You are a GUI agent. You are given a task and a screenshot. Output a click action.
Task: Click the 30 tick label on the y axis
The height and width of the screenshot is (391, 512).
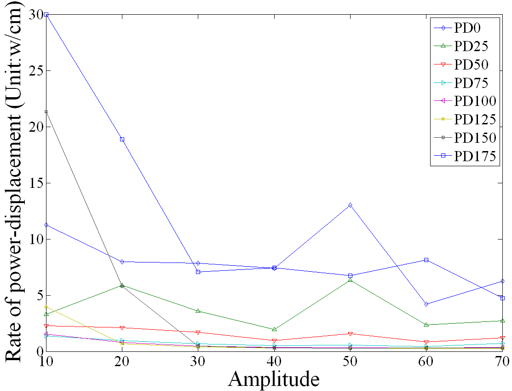tap(36, 15)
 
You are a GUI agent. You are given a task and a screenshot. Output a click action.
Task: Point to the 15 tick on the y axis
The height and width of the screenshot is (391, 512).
tap(36, 183)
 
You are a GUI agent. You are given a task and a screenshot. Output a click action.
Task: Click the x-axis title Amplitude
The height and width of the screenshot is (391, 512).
tap(274, 379)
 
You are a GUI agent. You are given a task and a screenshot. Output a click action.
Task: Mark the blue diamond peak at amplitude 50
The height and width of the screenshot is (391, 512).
tap(350, 205)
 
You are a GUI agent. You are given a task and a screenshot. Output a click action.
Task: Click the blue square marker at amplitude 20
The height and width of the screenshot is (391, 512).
tap(122, 139)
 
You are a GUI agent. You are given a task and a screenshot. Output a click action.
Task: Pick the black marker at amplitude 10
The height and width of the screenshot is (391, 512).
tap(46, 112)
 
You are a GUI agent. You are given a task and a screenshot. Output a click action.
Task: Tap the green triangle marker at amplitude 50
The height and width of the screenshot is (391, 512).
tap(350, 280)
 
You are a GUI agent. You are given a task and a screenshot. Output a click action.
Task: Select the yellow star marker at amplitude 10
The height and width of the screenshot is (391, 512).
tap(46, 307)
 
